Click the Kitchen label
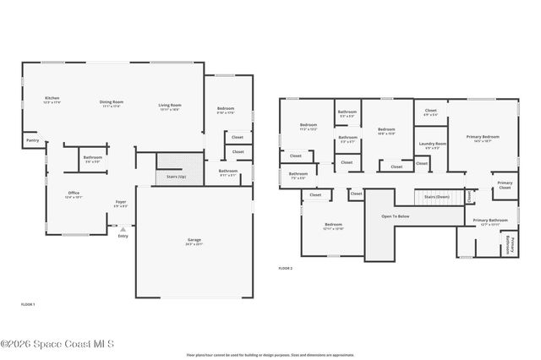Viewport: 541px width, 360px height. click(x=52, y=100)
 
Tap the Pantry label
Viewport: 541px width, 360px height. click(x=32, y=140)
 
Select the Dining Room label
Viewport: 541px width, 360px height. click(x=112, y=102)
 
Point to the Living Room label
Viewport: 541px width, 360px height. click(x=170, y=106)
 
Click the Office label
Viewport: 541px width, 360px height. click(x=74, y=194)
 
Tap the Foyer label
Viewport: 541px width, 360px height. click(x=121, y=203)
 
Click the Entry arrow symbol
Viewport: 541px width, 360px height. click(x=123, y=228)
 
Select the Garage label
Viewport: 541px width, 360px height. click(x=194, y=241)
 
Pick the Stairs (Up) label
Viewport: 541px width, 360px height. click(x=176, y=176)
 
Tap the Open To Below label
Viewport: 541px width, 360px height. click(x=395, y=216)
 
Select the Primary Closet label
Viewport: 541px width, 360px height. click(x=504, y=184)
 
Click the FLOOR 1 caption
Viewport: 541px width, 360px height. click(x=27, y=303)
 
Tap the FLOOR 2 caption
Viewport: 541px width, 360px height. click(x=285, y=268)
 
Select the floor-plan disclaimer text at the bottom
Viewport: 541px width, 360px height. click(x=270, y=355)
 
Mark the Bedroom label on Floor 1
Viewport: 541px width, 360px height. click(x=226, y=109)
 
